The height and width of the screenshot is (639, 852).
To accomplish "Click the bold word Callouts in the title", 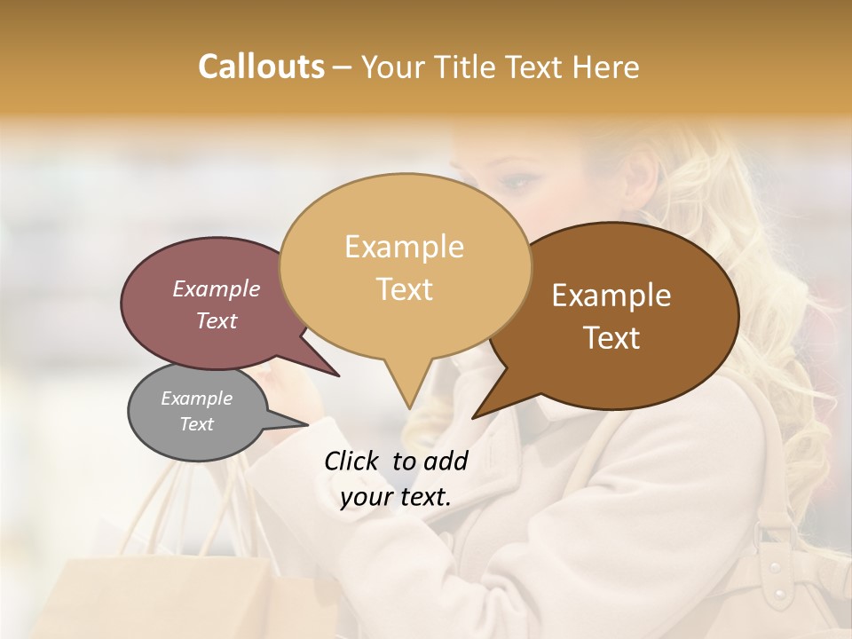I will [261, 67].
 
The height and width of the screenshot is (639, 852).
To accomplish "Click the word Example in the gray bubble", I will [196, 398].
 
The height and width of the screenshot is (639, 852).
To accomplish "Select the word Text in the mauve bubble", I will [217, 320].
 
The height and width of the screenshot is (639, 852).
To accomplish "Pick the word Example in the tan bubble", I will [404, 247].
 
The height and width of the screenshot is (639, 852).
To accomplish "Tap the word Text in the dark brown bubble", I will [612, 338].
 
